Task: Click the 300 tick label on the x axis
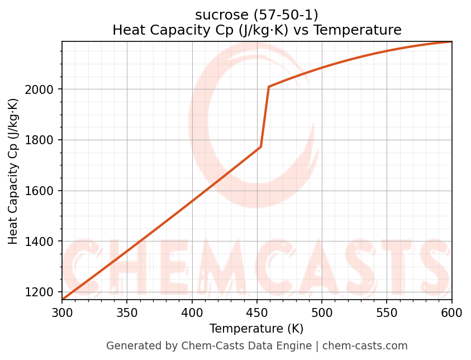62,312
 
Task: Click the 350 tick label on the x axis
127,312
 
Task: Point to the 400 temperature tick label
192,312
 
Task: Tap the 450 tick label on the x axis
257,312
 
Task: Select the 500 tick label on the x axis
322,312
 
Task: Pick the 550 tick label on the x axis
387,312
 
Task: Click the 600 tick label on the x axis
451,312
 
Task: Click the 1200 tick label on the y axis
42,292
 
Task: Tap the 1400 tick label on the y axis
42,241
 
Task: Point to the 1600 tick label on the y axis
42,191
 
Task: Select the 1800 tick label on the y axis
42,140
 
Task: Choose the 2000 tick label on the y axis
42,89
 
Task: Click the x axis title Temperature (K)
256,329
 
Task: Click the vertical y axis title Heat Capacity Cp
13,171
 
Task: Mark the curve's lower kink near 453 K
261,147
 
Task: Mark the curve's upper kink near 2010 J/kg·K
269,87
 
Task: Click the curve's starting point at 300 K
63,300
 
